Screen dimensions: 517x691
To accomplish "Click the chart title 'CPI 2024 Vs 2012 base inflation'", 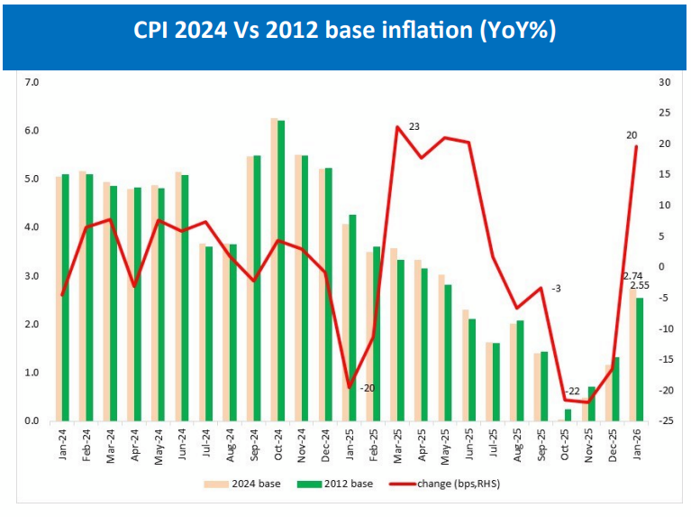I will coord(345,31).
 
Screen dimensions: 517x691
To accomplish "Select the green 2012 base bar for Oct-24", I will coord(281,271).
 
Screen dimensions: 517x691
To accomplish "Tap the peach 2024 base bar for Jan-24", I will coord(59,299).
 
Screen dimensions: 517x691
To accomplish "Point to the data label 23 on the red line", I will coord(414,125).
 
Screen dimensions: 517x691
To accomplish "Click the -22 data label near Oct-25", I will coord(574,389).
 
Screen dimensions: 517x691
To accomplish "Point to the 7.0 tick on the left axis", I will coord(33,82).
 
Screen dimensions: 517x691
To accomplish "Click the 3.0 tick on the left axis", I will coord(33,276).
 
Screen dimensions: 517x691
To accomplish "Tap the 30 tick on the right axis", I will coord(665,82).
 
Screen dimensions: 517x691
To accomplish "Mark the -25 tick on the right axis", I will coord(665,421).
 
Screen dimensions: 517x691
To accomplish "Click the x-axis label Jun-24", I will coord(181,442).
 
